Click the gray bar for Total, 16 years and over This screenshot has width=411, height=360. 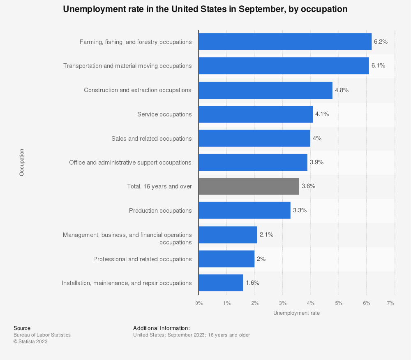pos(249,186)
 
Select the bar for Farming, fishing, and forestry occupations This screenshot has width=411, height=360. pos(285,42)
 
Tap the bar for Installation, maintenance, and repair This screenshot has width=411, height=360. pos(221,283)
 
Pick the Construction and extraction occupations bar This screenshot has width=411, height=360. pos(265,90)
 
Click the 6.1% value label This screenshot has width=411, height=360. pos(378,66)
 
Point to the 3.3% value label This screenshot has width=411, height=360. pos(300,210)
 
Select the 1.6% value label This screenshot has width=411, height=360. pos(252,283)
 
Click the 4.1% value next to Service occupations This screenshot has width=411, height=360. pos(322,114)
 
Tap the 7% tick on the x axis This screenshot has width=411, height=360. pos(390,303)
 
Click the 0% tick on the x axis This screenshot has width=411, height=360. pos(199,303)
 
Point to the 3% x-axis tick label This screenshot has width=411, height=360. pos(282,303)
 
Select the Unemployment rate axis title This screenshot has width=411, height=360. pos(296,313)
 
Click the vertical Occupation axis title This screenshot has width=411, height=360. pos(22,163)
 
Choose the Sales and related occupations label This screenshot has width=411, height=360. pos(151,139)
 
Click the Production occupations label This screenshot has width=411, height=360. pos(160,211)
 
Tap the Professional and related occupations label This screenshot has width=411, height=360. pos(142,259)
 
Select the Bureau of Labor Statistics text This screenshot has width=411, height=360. pos(42,335)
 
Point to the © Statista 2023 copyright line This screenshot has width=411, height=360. pos(30,341)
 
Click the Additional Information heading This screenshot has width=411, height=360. pos(161,328)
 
